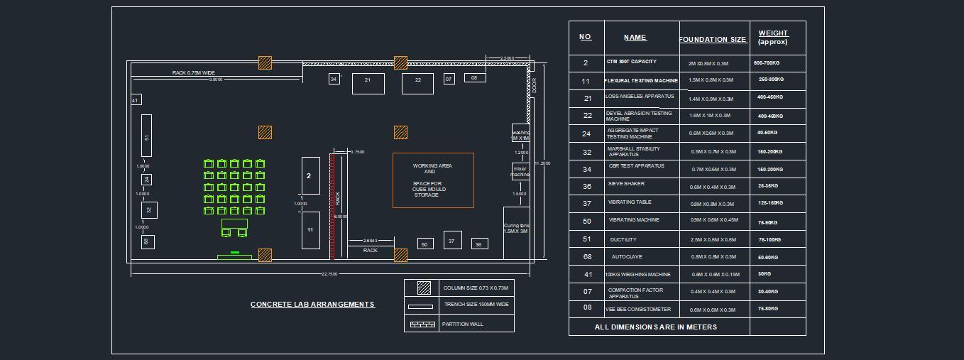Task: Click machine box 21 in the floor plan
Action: tap(368, 83)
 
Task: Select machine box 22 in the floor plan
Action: tap(417, 83)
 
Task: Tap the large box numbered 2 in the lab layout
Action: tap(310, 175)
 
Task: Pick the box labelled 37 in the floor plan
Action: tap(452, 241)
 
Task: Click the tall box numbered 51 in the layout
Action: tap(146, 136)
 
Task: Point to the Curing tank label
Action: tap(516, 229)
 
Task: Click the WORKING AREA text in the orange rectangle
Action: tap(432, 166)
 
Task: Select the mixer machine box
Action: tap(520, 171)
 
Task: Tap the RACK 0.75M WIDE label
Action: tap(193, 73)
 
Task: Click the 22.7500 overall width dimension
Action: tap(329, 274)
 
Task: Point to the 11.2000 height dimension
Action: tap(542, 163)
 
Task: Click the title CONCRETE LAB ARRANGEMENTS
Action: tap(312, 305)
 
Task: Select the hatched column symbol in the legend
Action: tap(424, 288)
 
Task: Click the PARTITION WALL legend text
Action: tap(462, 324)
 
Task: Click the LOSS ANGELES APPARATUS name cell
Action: tap(640, 97)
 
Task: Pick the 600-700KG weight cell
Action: tap(769, 63)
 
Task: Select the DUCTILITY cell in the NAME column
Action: tap(623, 240)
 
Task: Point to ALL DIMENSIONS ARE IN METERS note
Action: tap(655, 327)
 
